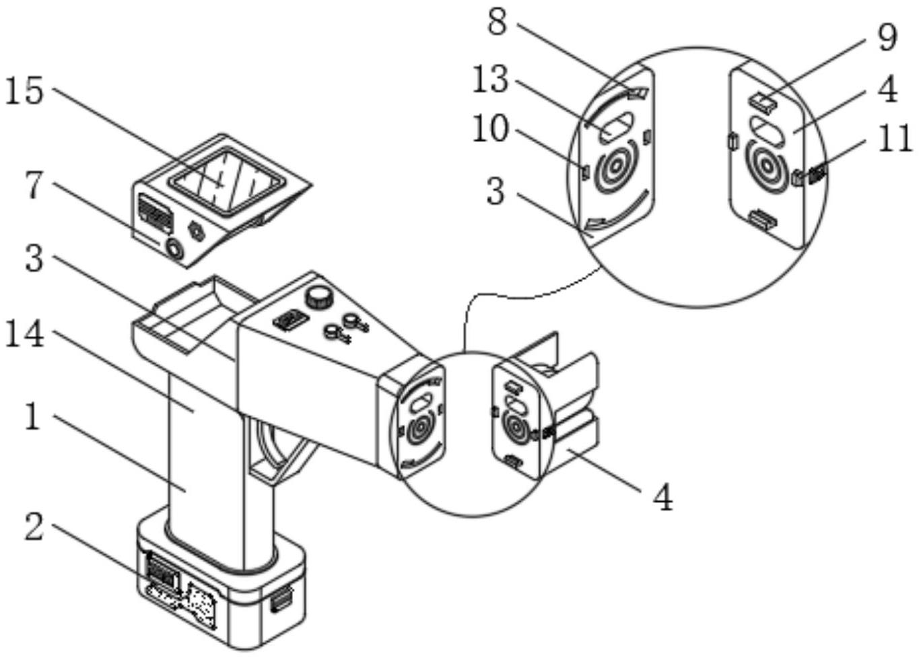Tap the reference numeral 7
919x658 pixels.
coord(34,185)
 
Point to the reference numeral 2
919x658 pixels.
coord(34,526)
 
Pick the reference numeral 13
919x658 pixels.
coord(490,79)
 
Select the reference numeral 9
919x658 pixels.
coord(887,37)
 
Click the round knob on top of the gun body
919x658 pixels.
coord(319,296)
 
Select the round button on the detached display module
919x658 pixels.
coord(175,250)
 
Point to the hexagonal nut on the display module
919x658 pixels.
coord(197,231)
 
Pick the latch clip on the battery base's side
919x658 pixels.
coord(281,599)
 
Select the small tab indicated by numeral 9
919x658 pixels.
coord(763,102)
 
